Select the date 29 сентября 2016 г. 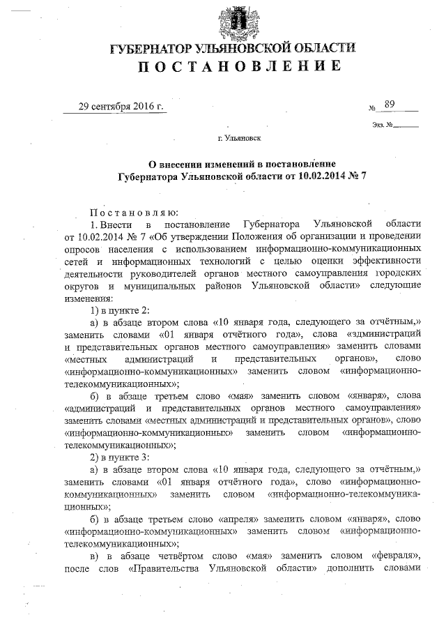pos(122,107)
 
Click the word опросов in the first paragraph pos(84,248)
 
